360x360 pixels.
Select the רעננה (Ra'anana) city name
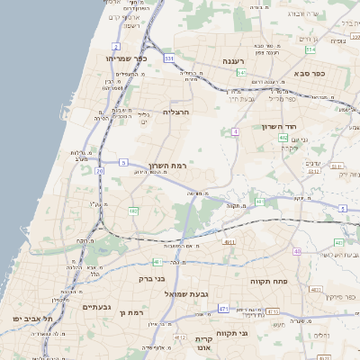tap(242, 61)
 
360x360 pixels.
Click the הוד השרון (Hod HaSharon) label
tap(279, 127)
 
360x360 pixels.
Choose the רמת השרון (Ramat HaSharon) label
tap(166, 166)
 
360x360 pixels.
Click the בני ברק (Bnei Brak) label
tap(152, 279)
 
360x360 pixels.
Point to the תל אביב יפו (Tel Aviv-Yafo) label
tap(33, 319)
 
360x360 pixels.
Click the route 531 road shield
tap(168, 58)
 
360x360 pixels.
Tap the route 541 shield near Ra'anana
tap(241, 72)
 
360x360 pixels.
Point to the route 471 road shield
tap(222, 309)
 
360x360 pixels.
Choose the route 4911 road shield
tap(229, 241)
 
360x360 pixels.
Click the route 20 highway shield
tap(99, 170)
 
